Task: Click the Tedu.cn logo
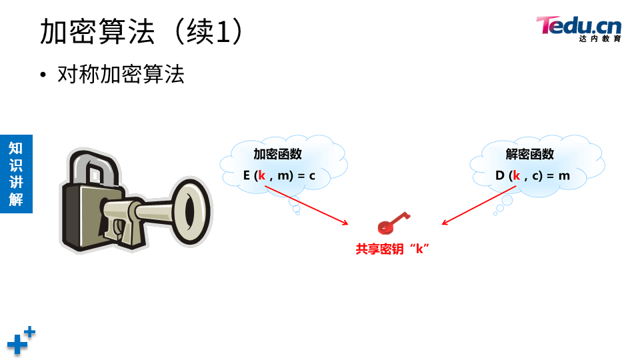point(578,26)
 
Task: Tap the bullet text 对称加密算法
point(121,74)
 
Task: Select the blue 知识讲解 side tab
point(16,173)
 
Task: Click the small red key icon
point(393,223)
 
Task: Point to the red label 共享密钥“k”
point(391,249)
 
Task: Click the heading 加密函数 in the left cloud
point(277,154)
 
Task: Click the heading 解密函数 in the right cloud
point(530,154)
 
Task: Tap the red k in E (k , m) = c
point(262,176)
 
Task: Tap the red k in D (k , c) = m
point(515,176)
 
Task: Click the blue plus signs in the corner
point(21,341)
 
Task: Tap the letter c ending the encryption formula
point(311,176)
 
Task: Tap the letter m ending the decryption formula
point(564,176)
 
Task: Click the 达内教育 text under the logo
point(599,39)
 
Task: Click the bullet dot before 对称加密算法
point(44,75)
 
